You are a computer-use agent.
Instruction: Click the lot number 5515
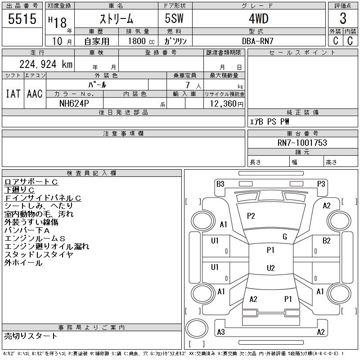(22, 19)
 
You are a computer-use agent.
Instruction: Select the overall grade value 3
(343, 18)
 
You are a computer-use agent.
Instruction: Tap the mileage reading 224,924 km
(46, 64)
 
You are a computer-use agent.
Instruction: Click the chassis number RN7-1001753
(302, 143)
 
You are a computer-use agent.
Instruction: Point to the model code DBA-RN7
(257, 41)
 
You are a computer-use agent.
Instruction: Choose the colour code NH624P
(74, 103)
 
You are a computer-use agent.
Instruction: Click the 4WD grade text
(258, 18)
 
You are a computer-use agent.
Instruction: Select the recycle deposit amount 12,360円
(226, 104)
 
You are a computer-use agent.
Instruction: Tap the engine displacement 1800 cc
(141, 41)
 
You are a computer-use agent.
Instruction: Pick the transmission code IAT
(13, 94)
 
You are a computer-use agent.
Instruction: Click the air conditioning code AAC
(35, 94)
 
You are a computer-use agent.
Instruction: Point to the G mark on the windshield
(285, 237)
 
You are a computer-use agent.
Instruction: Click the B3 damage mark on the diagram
(220, 184)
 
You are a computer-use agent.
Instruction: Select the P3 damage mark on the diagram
(321, 184)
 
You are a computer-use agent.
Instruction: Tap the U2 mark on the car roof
(271, 268)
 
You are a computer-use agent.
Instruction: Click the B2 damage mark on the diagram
(326, 241)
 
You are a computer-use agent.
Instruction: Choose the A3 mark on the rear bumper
(221, 332)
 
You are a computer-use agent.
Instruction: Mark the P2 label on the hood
(251, 216)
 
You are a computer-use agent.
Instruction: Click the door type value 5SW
(174, 18)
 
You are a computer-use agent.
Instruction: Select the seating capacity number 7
(188, 85)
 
